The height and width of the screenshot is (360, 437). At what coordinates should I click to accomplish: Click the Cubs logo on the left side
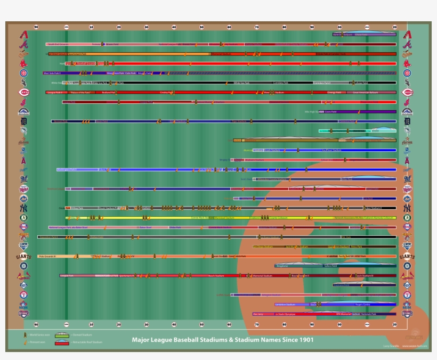pos(23,73)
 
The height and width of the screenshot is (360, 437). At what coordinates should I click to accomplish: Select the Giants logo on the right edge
pos(407,256)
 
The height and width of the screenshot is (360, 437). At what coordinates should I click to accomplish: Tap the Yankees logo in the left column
pos(23,208)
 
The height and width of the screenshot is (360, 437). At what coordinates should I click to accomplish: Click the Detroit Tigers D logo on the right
pos(407,121)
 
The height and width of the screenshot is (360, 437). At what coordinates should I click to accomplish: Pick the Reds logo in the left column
pos(23,92)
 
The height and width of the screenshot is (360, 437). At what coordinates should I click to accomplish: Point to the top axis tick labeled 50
pos(201,27)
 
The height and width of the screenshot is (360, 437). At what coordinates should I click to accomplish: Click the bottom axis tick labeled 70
pos(257,324)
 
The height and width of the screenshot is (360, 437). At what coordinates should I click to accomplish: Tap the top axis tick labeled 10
pos(91,27)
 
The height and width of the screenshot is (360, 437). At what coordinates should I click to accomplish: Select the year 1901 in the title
pos(306,340)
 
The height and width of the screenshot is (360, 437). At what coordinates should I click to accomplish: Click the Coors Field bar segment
pos(330,112)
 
